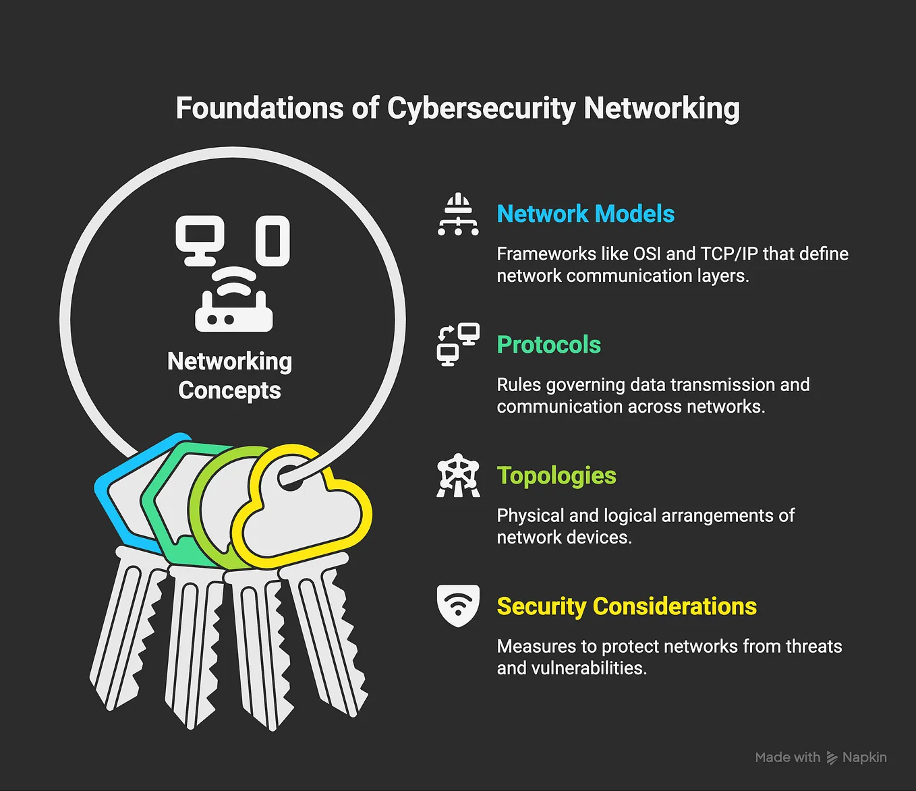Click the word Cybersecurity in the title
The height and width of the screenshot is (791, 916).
point(482,109)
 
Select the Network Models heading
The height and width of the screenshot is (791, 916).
point(585,214)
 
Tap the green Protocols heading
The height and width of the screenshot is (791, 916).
point(548,345)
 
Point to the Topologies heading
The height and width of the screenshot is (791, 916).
point(556,475)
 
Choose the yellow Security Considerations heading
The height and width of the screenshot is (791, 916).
point(627,606)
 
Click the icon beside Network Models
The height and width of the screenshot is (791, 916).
point(458,214)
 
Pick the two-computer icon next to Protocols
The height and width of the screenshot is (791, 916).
point(458,345)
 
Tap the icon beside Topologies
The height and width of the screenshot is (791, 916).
point(458,475)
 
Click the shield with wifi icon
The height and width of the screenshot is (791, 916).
point(458,606)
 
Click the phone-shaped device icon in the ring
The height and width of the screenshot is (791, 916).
point(273,241)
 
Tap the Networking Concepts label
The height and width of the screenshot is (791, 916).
point(229,376)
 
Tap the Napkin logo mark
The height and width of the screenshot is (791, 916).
point(832,758)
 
